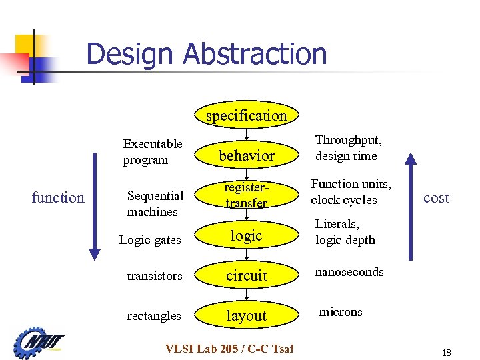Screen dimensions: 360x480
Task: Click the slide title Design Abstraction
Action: tap(207, 54)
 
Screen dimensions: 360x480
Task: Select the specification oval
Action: tap(247, 115)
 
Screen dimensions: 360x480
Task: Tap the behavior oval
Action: tap(247, 155)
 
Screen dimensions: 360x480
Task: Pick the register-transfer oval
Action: tap(247, 195)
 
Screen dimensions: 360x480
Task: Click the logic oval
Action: tap(247, 235)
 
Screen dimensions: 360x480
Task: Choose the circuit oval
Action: tap(247, 275)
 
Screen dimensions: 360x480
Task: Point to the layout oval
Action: tap(247, 315)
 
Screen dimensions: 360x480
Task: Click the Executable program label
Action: tap(153, 152)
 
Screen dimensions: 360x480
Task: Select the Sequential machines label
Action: tap(155, 203)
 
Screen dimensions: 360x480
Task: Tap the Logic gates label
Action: tap(150, 240)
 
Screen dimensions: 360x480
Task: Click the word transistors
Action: tap(155, 275)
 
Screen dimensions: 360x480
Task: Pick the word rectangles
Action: tap(154, 315)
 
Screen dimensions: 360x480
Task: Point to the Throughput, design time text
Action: tap(348, 148)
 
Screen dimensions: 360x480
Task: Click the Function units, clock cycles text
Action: tap(351, 191)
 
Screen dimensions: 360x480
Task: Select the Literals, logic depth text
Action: tap(345, 231)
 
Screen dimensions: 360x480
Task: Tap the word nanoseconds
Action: tap(349, 272)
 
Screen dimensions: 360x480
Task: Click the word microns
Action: tap(341, 311)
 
